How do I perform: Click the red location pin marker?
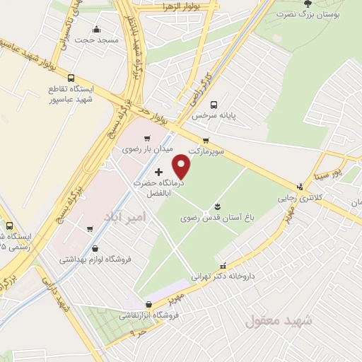tap(182, 167)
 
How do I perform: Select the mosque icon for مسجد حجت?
tap(97, 30)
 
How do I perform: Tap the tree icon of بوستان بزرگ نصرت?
tap(306, 3)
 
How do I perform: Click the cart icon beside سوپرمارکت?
tap(206, 141)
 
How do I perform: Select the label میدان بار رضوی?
tap(147, 149)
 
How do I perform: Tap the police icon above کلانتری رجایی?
tap(300, 187)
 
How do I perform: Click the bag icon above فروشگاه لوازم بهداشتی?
tap(95, 249)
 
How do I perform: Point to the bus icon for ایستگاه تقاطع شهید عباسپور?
tap(71, 78)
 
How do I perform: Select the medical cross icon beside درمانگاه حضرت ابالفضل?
tap(158, 172)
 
